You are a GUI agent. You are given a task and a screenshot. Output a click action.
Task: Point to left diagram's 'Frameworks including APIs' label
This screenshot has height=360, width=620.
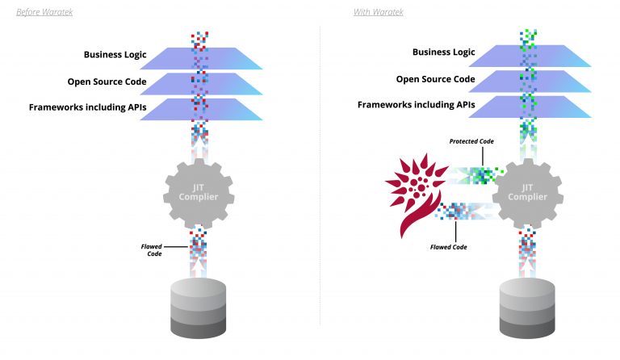(83, 106)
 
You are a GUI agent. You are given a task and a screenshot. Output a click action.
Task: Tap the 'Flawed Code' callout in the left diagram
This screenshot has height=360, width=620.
(154, 250)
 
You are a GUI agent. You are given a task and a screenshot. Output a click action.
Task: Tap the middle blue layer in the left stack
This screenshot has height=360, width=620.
(234, 84)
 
